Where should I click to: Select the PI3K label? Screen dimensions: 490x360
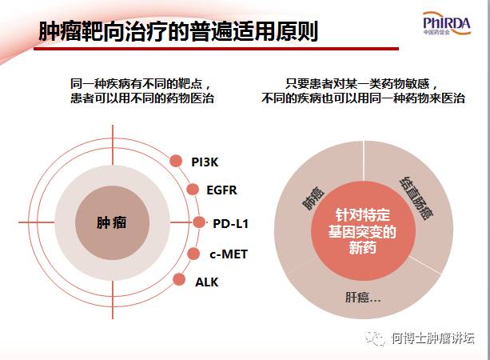click(205, 162)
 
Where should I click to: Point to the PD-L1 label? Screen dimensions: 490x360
click(230, 223)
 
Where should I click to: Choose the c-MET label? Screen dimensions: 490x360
click(229, 254)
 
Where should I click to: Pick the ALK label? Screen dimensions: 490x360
click(206, 282)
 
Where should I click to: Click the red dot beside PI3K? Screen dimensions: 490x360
click(177, 162)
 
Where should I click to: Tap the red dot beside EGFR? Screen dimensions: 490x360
click(193, 190)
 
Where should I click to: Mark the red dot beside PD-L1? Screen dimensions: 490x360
click(199, 222)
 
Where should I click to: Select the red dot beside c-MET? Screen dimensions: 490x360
click(193, 254)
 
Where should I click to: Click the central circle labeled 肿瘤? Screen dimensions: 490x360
click(112, 222)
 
